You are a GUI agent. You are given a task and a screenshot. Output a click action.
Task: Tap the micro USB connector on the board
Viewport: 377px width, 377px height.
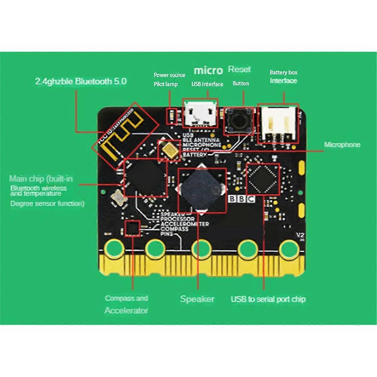pyautogui.click(x=200, y=114)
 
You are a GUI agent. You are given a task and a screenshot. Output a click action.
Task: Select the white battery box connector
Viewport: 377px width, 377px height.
pyautogui.click(x=278, y=123)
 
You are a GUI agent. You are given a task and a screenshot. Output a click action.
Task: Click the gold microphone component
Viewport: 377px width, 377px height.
pyautogui.click(x=170, y=150)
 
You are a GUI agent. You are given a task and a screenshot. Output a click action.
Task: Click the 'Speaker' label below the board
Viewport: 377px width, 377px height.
pyautogui.click(x=197, y=299)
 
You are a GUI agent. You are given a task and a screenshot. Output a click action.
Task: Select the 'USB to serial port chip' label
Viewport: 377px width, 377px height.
pyautogui.click(x=268, y=299)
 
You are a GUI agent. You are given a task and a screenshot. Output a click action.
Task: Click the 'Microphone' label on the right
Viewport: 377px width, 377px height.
pyautogui.click(x=342, y=145)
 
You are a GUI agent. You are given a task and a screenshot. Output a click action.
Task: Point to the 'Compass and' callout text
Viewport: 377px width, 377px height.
pyautogui.click(x=126, y=298)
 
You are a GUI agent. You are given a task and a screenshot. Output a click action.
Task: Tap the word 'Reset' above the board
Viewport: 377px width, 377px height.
pyautogui.click(x=239, y=69)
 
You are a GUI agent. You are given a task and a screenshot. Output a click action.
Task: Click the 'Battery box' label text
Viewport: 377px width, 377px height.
pyautogui.click(x=283, y=73)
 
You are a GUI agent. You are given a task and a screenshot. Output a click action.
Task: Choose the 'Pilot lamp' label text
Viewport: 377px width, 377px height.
pyautogui.click(x=166, y=84)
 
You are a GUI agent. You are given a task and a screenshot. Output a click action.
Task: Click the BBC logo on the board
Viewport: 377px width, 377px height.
pyautogui.click(x=241, y=199)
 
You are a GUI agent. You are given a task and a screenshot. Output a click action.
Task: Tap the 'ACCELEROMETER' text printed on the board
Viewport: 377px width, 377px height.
pyautogui.click(x=184, y=224)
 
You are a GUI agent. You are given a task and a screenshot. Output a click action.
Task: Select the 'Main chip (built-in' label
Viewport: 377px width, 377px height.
pyautogui.click(x=41, y=179)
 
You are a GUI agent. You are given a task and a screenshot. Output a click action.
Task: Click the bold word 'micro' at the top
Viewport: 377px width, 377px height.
pyautogui.click(x=208, y=70)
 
